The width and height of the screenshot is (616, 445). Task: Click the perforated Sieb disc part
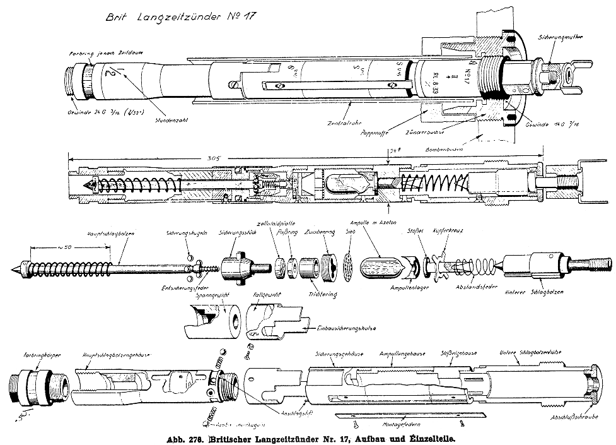[347, 267]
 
